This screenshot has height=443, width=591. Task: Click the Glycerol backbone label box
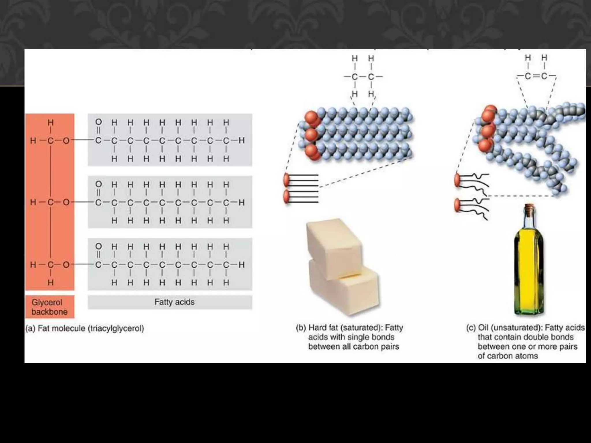[50, 307]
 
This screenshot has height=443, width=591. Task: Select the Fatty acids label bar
[170, 302]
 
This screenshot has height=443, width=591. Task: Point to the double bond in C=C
[536, 76]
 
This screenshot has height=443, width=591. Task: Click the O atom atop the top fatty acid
[98, 122]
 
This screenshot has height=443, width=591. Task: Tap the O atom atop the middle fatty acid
[98, 184]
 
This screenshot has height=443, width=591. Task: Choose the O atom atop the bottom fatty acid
[98, 246]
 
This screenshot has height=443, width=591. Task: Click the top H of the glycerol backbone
[51, 123]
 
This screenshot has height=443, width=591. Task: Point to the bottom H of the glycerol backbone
[51, 282]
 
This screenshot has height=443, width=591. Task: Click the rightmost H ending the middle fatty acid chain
[242, 202]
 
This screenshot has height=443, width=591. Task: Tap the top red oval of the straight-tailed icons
[287, 180]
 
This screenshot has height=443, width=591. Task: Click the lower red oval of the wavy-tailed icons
[457, 205]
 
